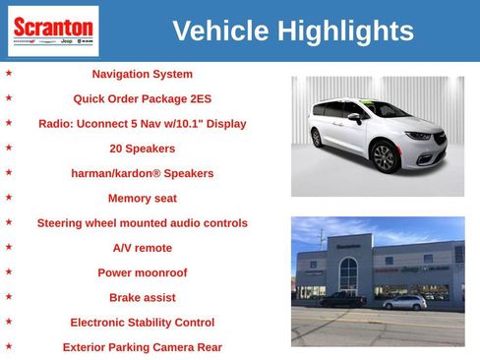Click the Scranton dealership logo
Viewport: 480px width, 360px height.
[52, 30]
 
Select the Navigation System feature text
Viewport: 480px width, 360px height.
[143, 74]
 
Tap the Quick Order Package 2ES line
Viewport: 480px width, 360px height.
[143, 98]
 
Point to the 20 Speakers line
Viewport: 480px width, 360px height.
[143, 149]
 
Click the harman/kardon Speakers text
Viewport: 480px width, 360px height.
[143, 173]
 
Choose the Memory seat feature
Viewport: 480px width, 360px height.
[143, 198]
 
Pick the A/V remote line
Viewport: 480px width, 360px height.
[143, 248]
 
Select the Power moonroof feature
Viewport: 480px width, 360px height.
[143, 272]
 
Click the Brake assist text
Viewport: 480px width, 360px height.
[143, 297]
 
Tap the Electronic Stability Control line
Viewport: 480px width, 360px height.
[143, 322]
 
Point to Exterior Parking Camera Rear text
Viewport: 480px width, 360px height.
[143, 346]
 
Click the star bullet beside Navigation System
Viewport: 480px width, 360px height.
[9, 73]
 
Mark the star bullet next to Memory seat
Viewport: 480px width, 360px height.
[9, 197]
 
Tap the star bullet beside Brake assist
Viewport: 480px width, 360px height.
[9, 296]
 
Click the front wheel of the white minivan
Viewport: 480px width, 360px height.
[385, 155]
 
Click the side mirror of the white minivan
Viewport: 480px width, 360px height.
[353, 117]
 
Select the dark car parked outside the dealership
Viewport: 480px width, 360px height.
[341, 299]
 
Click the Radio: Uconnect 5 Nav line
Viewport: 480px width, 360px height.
[143, 124]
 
